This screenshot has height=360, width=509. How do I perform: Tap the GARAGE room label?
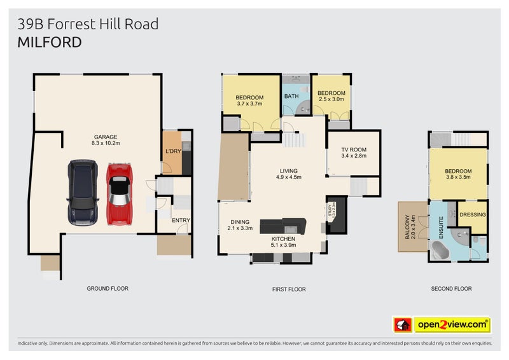[106, 137]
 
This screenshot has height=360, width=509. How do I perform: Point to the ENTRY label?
[181, 221]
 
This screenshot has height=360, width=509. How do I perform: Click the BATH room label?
[291, 97]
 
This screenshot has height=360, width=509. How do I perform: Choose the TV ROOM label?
[354, 150]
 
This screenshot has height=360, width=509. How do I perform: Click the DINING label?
[240, 222]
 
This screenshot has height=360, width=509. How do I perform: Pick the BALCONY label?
[407, 226]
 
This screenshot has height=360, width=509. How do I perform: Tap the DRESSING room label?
[473, 215]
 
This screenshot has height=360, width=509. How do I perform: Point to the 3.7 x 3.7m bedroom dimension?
[249, 104]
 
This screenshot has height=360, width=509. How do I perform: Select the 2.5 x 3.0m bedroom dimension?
[331, 99]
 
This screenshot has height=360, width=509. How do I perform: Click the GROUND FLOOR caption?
[108, 289]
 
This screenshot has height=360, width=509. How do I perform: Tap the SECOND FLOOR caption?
[451, 289]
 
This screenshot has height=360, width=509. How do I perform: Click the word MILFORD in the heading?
[50, 43]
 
